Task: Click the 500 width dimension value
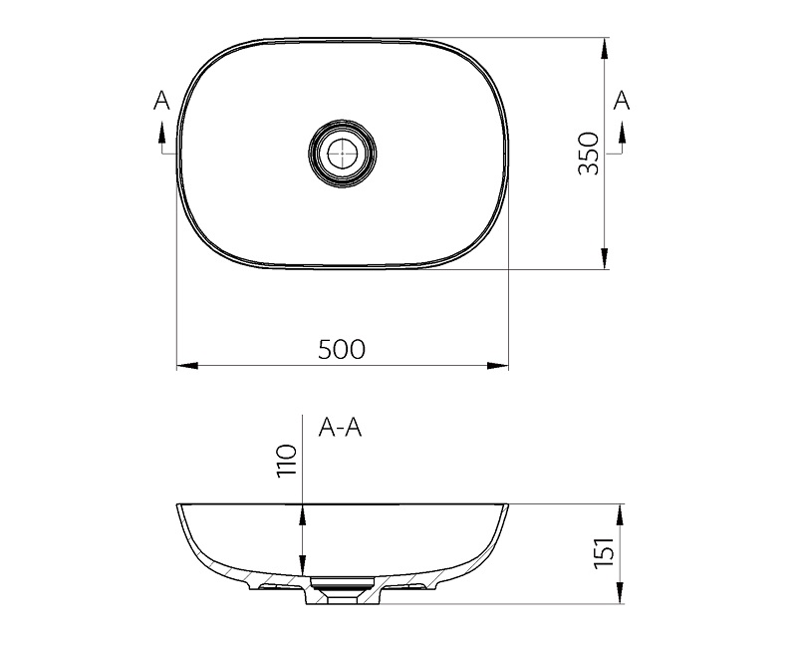(x=342, y=349)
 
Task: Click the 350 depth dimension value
(x=589, y=154)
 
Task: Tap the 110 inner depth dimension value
(x=287, y=461)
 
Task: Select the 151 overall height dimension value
(x=605, y=553)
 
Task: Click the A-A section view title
(x=340, y=428)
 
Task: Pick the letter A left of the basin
(x=161, y=101)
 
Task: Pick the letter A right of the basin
(x=621, y=101)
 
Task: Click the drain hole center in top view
(x=343, y=154)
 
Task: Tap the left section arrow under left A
(x=161, y=133)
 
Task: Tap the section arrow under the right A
(x=621, y=133)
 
